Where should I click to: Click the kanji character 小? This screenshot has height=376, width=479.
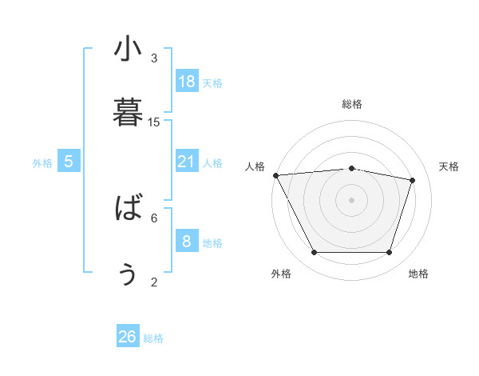pos(128,50)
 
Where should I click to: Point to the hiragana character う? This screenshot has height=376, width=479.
pos(128,274)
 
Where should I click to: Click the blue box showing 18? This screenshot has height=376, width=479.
pos(187,82)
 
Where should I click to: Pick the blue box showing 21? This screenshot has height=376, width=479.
pos(187,162)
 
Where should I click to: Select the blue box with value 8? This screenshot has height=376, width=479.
pos(187,241)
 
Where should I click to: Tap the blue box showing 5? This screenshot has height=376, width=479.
pos(69,162)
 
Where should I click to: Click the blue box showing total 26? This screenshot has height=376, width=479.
pos(128,337)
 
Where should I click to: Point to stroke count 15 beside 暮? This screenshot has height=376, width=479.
pos(154,122)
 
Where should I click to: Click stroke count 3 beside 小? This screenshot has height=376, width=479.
pos(154,58)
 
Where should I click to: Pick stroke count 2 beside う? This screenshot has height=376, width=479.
pos(154,282)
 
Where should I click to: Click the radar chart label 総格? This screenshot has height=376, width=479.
pos(352,104)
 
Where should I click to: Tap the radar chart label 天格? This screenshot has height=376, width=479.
pos(449,166)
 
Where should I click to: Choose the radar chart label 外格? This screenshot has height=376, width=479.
pos(281,274)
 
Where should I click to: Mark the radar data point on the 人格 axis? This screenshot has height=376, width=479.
pos(275,175)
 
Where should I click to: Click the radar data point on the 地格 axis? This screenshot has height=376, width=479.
pos(390,253)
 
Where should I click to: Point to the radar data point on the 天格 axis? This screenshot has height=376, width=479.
pos(413,180)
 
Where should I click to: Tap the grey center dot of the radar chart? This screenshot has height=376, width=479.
pos(352,199)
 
